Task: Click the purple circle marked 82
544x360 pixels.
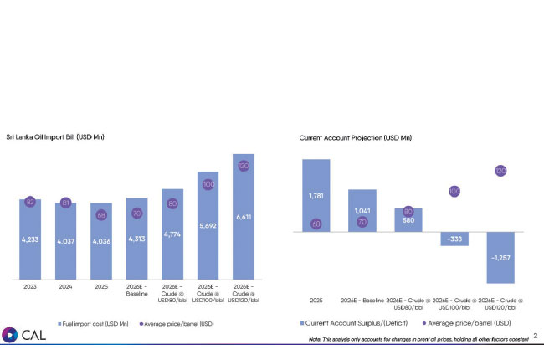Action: pos(30,202)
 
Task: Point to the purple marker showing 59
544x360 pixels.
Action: pos(101,215)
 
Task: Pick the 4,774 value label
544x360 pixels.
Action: pos(172,235)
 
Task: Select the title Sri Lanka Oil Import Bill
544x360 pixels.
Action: pos(60,136)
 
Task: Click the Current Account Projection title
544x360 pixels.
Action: pos(356,137)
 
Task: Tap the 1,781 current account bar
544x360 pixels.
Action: pos(316,196)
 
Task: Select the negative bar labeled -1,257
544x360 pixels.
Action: pos(500,257)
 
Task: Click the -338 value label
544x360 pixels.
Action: pos(454,239)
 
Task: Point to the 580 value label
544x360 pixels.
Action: pos(408,221)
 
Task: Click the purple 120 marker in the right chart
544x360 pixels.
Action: pos(500,171)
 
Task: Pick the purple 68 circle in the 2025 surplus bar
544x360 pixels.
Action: pos(316,224)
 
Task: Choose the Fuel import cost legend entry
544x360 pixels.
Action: pos(94,322)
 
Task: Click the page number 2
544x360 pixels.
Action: pos(535,336)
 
